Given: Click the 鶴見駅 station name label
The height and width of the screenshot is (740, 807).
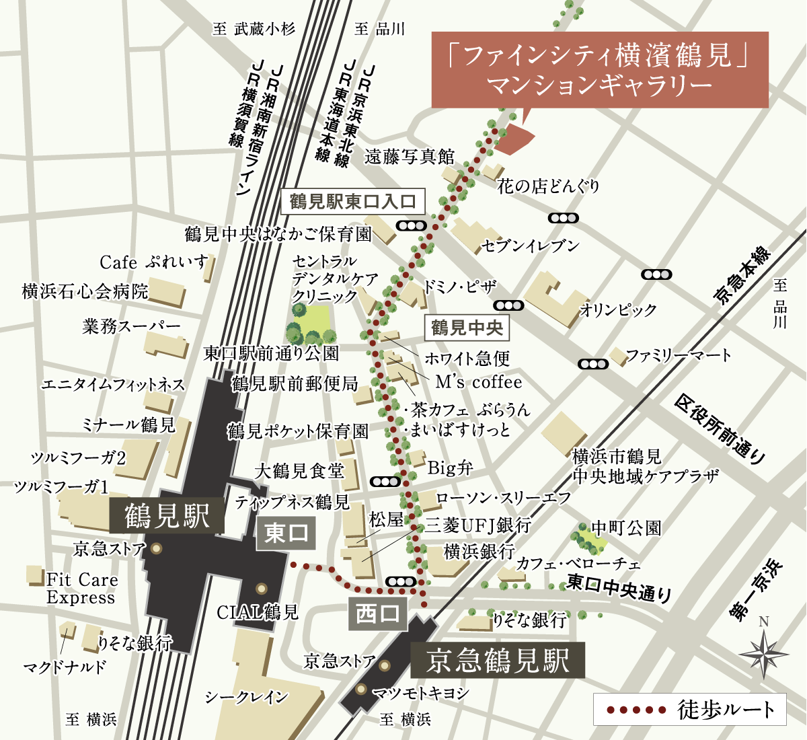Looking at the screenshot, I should coord(166,517).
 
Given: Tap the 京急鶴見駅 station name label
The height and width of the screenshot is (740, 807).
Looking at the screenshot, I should coord(498,661).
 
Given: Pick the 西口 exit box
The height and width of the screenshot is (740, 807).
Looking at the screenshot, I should coord(377,614).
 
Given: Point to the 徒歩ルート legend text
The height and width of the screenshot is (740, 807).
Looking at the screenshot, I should coord(726,710).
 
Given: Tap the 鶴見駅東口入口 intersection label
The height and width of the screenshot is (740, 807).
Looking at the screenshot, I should coord(353,201).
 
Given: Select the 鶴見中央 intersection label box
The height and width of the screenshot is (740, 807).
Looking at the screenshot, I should coord(467,328).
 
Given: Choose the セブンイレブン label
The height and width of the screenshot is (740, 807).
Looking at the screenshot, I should coord(530,246).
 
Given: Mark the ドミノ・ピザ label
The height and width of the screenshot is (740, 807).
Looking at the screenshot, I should coord(460,287).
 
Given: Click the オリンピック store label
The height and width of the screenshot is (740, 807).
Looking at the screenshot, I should coord(618,310).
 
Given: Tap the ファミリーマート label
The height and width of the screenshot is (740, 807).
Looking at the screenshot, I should coord(678,355).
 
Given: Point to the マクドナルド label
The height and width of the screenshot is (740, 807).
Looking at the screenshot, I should coord(65,667).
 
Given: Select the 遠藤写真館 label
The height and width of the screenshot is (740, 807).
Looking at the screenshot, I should coord(410,157).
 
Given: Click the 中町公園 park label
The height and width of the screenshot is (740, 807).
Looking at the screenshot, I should coord(625,528).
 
